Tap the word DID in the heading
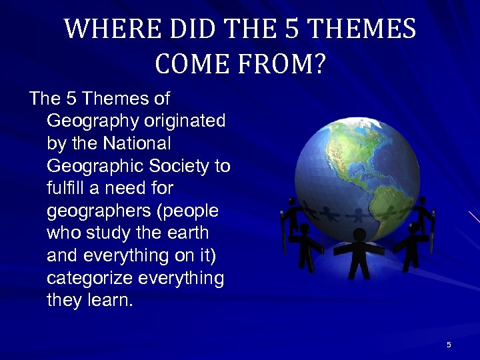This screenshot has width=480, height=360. [197, 30]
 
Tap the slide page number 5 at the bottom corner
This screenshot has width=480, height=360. [449, 345]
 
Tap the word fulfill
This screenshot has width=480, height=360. [67, 188]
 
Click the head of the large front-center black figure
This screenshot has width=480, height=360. [360, 235]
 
